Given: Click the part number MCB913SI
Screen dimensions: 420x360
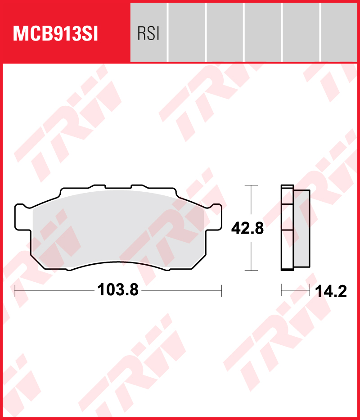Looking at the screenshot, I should point(55,34).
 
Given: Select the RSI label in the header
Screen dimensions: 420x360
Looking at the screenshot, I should point(148,34).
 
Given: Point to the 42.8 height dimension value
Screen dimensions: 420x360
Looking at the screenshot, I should point(247,228).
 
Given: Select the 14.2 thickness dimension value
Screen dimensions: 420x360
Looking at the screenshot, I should point(331,292).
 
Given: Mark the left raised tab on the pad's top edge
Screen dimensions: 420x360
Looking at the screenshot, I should point(98,186).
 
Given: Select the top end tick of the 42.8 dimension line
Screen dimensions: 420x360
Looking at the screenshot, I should point(251,185).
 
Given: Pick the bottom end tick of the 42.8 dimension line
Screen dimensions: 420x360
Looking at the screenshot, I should point(251,270).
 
